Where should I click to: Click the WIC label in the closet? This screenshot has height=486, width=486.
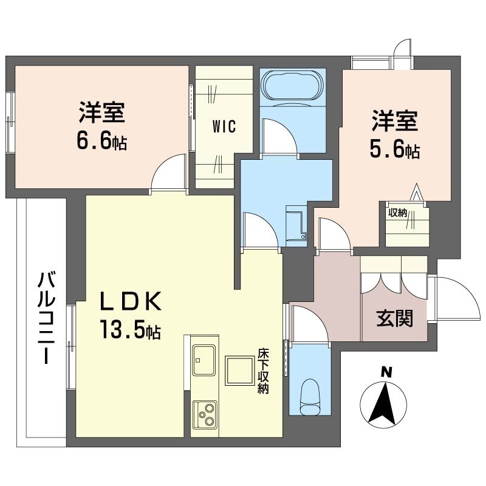(x=224, y=126)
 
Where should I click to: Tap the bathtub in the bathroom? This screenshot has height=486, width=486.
(x=293, y=86)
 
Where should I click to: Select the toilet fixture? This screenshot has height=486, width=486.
(x=310, y=397)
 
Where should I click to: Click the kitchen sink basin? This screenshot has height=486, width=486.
(x=204, y=360)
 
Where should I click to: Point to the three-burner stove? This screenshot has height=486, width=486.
(x=205, y=414)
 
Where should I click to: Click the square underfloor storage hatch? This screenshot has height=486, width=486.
(x=239, y=371)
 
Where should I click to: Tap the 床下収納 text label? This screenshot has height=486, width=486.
(x=264, y=371)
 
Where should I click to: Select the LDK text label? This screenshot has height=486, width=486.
(x=130, y=301)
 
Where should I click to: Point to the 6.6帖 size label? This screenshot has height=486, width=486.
(x=101, y=142)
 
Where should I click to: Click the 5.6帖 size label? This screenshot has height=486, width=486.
(x=395, y=150)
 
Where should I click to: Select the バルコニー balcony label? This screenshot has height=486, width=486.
(x=47, y=317)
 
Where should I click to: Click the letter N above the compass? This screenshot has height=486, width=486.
(x=386, y=372)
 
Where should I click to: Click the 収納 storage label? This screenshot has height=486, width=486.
(x=397, y=213)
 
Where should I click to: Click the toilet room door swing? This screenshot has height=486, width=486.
(x=310, y=324)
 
